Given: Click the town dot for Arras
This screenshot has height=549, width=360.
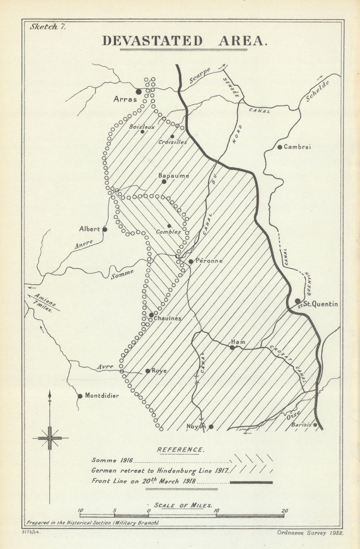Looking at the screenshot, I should point(139,91).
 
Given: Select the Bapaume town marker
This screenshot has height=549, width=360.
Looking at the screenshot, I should point(164,181).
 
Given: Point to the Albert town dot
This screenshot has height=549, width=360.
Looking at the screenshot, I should point(105,229).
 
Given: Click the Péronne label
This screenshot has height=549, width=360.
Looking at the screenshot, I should point(209,261).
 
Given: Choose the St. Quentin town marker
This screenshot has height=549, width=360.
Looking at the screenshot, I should point(297,301).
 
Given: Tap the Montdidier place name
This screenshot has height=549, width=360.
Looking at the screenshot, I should point(102,396).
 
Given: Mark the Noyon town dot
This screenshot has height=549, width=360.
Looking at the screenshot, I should point(211,427).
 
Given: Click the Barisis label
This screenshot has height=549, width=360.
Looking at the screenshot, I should point(301,424).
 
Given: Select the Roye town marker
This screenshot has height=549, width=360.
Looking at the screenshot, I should point(148,371).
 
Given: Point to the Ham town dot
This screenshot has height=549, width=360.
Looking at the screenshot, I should point(232,347).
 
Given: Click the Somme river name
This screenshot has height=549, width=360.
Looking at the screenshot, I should point(122,274).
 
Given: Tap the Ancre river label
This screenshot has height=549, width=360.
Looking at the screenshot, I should point(84,244).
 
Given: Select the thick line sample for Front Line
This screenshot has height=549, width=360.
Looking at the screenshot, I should point(251,482).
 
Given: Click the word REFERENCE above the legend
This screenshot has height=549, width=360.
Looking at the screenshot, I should point(180,450).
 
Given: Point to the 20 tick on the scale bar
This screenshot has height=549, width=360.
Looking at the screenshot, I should point(284,511).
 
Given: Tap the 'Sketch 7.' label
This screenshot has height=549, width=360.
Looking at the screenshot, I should point(47,27).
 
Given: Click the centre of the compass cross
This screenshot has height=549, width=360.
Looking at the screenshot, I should point(50,438).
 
